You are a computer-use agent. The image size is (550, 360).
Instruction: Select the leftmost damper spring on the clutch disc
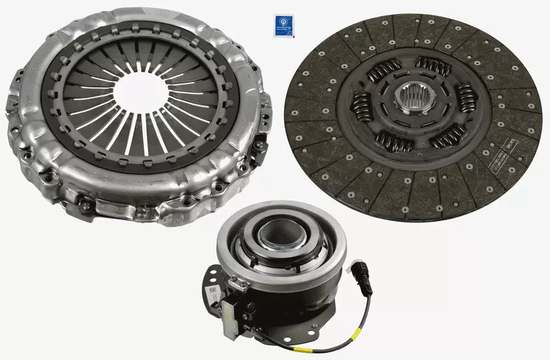click(360, 106)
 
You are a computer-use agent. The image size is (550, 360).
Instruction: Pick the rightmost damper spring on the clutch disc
click(467, 98)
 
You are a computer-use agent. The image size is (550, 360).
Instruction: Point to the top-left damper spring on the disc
click(384, 70)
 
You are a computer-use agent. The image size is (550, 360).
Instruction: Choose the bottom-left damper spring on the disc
click(395, 141)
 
